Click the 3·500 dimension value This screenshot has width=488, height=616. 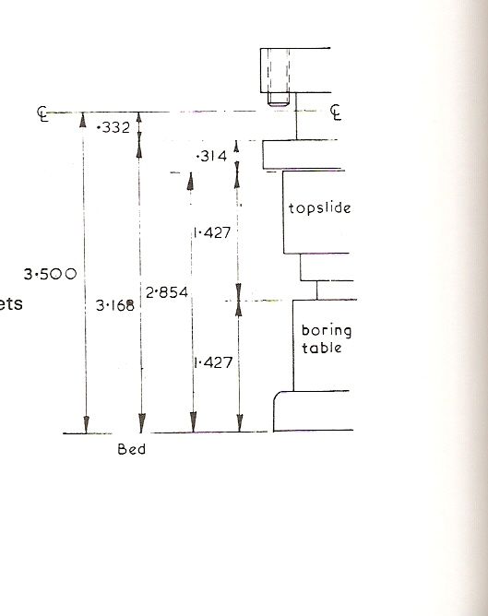[50, 274]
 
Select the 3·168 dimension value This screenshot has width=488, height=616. [115, 305]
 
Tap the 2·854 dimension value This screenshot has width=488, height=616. [167, 292]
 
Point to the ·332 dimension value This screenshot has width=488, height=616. [113, 127]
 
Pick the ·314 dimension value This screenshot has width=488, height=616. [212, 157]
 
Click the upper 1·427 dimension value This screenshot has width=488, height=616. [212, 233]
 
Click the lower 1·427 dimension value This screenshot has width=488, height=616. [213, 362]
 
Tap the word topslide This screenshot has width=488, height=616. [320, 207]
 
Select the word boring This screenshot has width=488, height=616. [327, 331]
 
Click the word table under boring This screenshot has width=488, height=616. [321, 348]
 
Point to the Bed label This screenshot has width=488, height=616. [132, 449]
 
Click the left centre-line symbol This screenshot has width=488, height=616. [42, 114]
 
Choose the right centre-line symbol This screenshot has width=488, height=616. [336, 113]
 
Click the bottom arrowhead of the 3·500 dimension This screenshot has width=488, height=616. [86, 424]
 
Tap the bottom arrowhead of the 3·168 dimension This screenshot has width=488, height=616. [142, 423]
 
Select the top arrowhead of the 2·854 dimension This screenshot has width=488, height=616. [190, 181]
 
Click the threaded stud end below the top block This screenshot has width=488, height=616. [279, 99]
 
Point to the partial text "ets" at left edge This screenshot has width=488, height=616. [11, 303]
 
